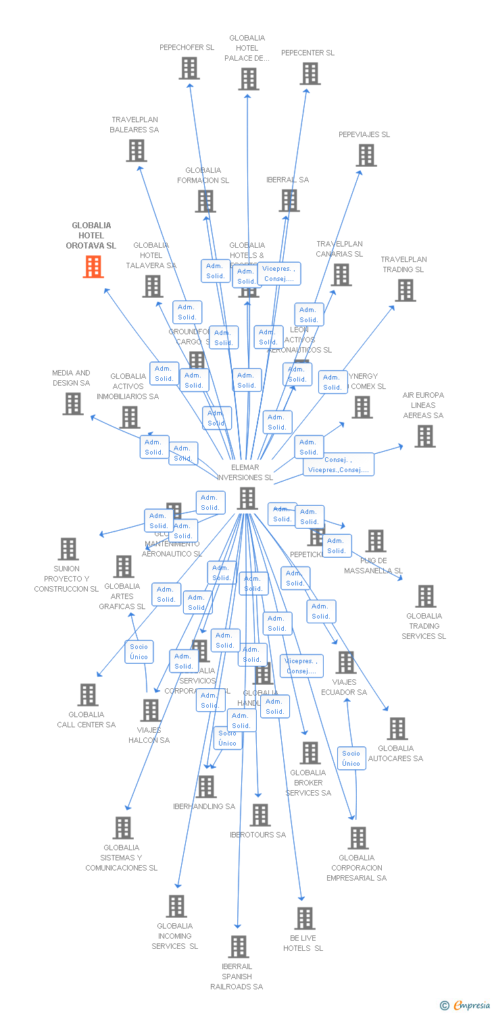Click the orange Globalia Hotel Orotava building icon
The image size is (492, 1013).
93,267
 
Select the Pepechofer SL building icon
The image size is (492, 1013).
189,68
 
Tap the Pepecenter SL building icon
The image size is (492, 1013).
310,74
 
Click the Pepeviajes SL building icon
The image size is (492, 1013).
366,155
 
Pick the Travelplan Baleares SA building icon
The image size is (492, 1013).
136,151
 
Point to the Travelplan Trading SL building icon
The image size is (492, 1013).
405,290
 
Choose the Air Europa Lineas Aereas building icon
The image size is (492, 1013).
424,436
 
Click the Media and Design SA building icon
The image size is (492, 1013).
73,404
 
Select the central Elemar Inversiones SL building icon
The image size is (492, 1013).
247,498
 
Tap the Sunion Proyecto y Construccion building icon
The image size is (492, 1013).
68,549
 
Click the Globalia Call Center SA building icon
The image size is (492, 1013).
88,695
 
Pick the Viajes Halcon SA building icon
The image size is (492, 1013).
149,710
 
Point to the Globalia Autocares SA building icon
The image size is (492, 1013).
397,729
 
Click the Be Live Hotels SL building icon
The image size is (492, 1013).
304,918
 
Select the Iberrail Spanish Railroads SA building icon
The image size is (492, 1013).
238,947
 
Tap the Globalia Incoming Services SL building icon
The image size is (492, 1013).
176,906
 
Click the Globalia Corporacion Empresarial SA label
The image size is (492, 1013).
357,868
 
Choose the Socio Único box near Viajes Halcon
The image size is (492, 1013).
139,652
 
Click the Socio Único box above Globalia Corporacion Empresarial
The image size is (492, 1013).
351,758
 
